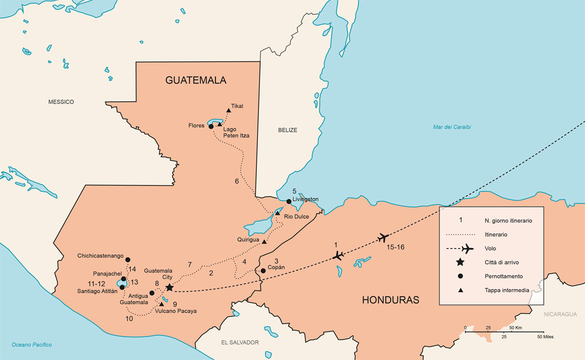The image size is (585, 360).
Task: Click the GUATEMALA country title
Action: point(196,80)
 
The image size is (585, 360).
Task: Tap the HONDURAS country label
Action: point(390,300)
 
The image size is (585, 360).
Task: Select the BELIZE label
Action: point(287,130)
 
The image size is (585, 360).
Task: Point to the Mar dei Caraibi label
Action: point(451,127)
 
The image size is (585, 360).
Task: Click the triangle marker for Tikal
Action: point(228,110)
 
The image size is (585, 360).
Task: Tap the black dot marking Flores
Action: point(211,126)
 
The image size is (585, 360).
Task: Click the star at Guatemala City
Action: point(169,287)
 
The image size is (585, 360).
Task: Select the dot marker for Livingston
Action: point(288,201)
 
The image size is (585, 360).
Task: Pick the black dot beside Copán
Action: point(263,271)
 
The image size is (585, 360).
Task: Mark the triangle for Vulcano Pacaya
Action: point(161,304)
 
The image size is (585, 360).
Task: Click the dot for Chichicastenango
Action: point(127,259)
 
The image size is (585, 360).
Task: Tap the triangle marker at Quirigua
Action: point(264,241)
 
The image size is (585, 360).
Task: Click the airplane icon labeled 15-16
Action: point(383,237)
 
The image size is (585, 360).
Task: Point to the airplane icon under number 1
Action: point(338,255)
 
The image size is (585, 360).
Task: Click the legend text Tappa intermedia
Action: point(506,290)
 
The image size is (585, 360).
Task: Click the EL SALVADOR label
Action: point(240,342)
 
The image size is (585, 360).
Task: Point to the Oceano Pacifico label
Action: point(31,344)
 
